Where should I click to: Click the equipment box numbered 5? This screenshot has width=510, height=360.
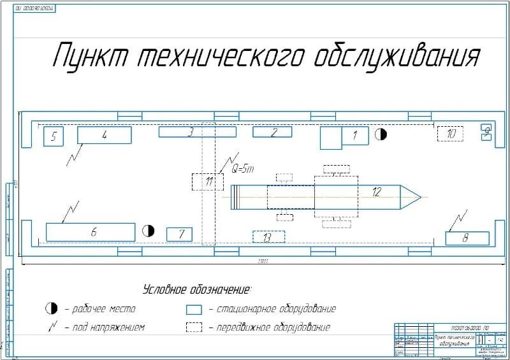point(54,136)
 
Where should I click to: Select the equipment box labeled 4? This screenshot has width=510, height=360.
point(105,135)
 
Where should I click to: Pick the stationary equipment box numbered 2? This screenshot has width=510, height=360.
point(272,132)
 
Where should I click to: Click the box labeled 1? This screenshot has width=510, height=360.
point(355,136)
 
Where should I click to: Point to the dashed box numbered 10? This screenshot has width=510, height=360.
point(451,134)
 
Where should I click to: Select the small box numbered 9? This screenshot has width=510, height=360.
point(486,132)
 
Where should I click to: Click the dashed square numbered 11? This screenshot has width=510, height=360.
point(208,182)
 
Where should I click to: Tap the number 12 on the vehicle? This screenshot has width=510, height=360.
point(377,191)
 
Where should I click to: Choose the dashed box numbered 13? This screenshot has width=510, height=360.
point(268,236)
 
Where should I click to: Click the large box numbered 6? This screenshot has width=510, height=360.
point(91,232)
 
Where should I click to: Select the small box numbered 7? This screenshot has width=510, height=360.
point(179,234)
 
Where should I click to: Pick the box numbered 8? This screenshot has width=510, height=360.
point(467,238)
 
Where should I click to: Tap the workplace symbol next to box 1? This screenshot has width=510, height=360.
point(381,134)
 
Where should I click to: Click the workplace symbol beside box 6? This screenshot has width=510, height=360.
point(148,230)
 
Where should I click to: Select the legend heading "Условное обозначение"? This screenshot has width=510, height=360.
point(197,289)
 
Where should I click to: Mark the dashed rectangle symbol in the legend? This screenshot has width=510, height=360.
point(194,328)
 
